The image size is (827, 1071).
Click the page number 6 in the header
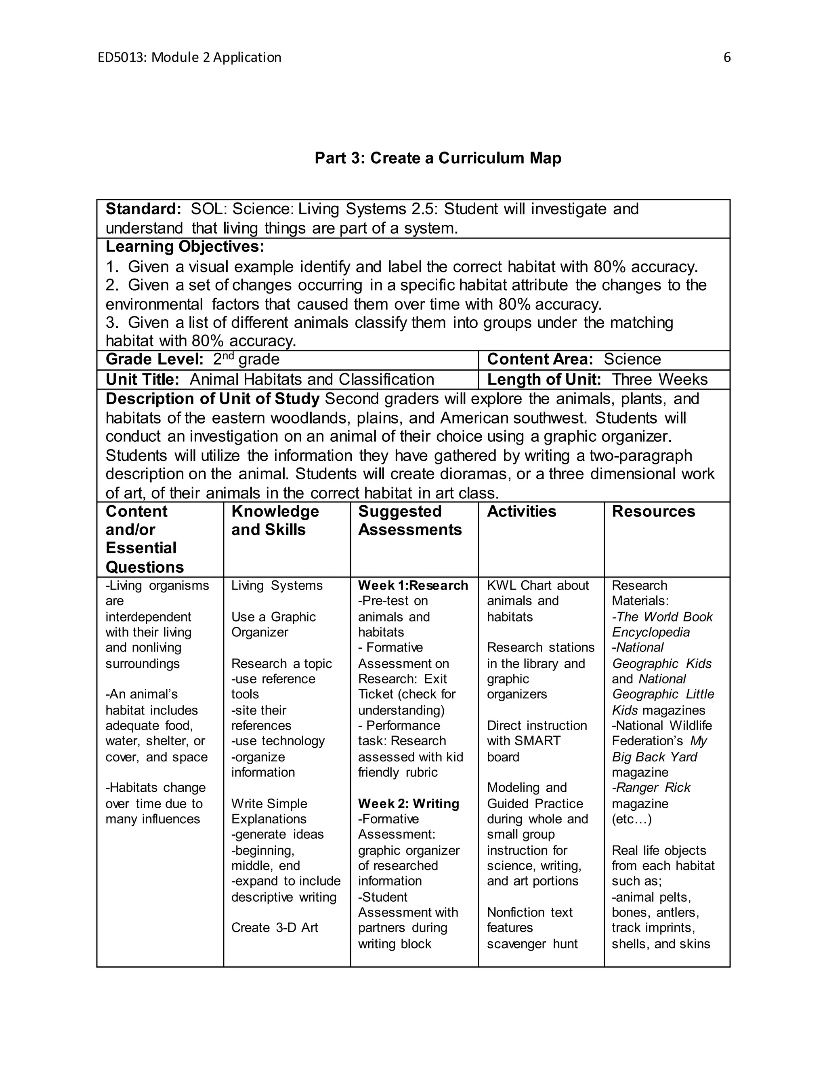pos(726,57)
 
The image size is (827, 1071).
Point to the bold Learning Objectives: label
pos(185,246)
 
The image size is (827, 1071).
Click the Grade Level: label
pos(154,359)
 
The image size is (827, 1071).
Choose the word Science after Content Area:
pos(632,359)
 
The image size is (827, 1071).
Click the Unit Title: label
pos(143,379)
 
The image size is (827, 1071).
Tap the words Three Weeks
pos(659,379)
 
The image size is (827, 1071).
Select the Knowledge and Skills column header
pos(275,520)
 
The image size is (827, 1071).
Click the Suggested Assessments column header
pos(409,520)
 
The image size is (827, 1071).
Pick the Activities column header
pos(521,512)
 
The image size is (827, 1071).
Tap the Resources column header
pos(653,512)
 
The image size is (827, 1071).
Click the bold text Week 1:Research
pos(413,586)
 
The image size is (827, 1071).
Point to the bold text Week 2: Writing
pos(409,804)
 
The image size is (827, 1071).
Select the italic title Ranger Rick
pos(653,788)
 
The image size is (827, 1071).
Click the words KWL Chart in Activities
pos(519,586)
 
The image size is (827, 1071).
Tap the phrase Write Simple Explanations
pos(269,812)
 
